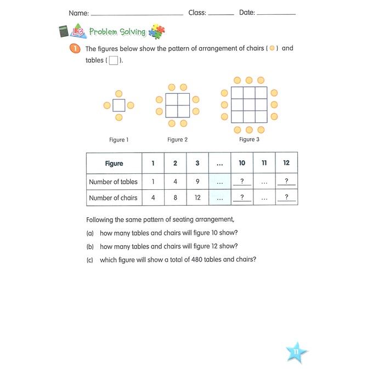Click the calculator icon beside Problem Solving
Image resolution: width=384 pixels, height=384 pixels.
[64, 31]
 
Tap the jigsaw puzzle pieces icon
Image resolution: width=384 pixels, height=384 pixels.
[157, 31]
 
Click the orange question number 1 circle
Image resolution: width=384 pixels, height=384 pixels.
[75, 48]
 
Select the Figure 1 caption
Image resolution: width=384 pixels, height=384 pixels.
[119, 140]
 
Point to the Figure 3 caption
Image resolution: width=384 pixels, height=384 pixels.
[249, 139]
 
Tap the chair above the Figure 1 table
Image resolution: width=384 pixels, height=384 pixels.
[119, 94]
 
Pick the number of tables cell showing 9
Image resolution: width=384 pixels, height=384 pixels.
[197, 182]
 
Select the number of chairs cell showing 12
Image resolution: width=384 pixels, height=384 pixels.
[197, 197]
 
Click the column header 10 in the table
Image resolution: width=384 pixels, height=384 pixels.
[242, 163]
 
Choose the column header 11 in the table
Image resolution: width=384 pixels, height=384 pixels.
[264, 163]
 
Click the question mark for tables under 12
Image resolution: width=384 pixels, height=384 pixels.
[286, 180]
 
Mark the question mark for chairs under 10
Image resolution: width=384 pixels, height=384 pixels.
[242, 197]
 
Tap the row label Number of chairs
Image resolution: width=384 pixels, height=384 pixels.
[113, 197]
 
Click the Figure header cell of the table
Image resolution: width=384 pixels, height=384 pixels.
[114, 163]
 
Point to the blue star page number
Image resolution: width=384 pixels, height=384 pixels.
[296, 352]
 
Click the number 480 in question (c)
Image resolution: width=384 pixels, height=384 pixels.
[196, 259]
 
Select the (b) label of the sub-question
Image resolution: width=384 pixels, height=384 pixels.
[90, 246]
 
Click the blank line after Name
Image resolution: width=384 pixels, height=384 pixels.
[137, 15]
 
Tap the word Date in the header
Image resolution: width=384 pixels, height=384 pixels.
[247, 13]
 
